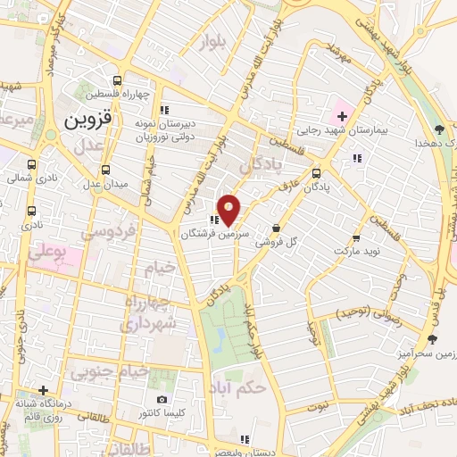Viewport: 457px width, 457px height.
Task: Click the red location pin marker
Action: pyautogui.click(x=229, y=209)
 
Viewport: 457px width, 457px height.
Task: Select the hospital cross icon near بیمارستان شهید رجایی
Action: pyautogui.click(x=342, y=116)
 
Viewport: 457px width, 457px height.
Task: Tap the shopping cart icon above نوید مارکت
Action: pyautogui.click(x=356, y=239)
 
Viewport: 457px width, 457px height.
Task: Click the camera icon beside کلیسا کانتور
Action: pyautogui.click(x=162, y=400)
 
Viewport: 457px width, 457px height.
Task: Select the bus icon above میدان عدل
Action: pyautogui.click(x=106, y=170)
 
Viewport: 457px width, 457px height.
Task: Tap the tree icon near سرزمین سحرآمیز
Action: pyautogui.click(x=433, y=339)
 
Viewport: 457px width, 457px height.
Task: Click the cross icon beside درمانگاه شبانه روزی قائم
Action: pyautogui.click(x=42, y=390)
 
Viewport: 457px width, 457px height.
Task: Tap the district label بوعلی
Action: pyautogui.click(x=47, y=253)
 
